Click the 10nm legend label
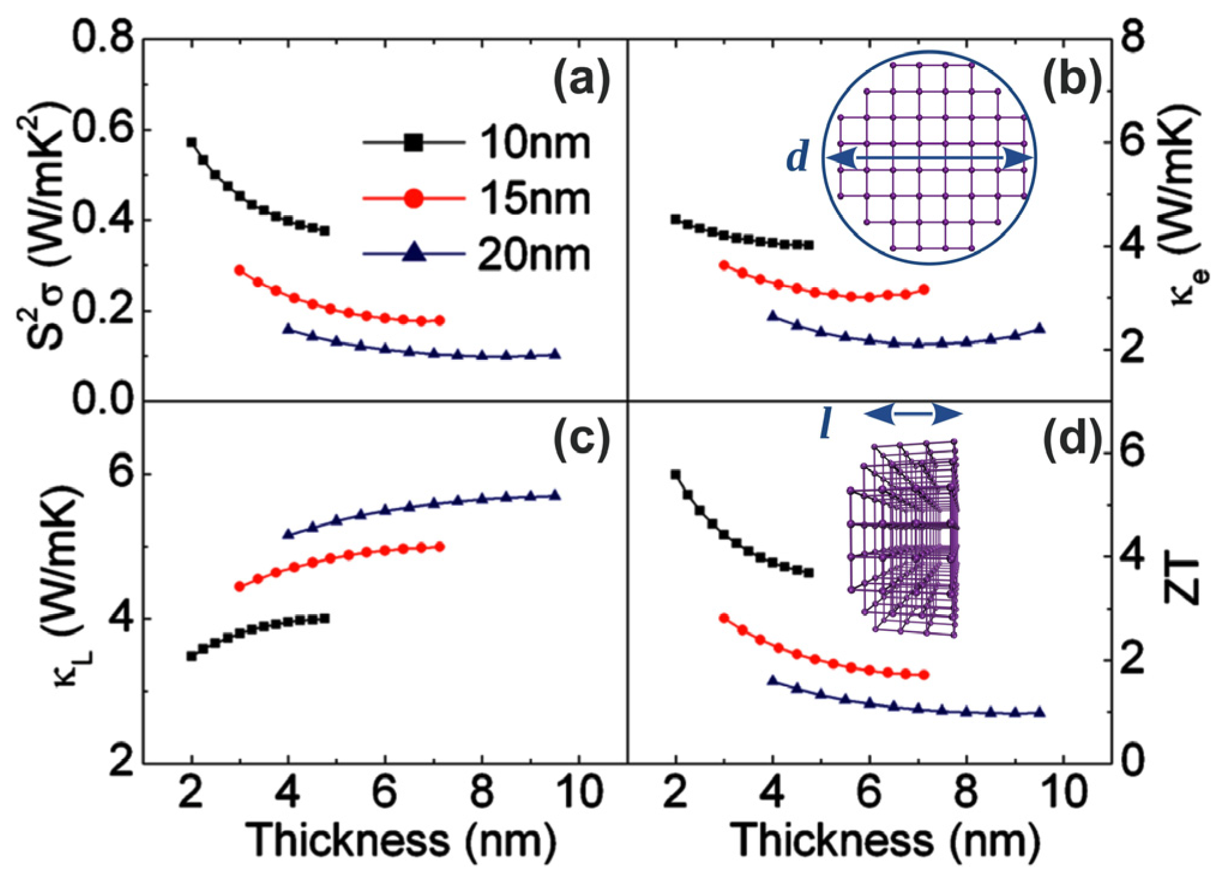pyautogui.click(x=534, y=143)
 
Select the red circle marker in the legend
pyautogui.click(x=413, y=198)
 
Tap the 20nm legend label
pyautogui.click(x=534, y=255)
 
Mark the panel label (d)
pyautogui.click(x=1073, y=438)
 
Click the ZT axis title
pyautogui.click(x=1181, y=581)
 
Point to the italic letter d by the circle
pyautogui.click(x=797, y=158)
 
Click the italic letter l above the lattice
pyautogui.click(x=826, y=426)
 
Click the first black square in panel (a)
pyautogui.click(x=191, y=142)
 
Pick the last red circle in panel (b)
pyautogui.click(x=924, y=290)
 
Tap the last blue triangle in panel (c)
pyautogui.click(x=555, y=495)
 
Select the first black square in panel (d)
pyautogui.click(x=676, y=474)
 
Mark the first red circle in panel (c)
pyautogui.click(x=239, y=586)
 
